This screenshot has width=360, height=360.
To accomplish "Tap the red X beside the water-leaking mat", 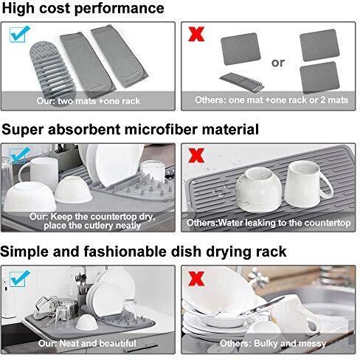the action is pos(196,156).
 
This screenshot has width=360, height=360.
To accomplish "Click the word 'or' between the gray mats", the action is pos(278,63).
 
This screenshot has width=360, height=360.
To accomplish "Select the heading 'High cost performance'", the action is pos(83,8).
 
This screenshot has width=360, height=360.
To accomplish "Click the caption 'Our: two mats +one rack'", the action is pos(88,101).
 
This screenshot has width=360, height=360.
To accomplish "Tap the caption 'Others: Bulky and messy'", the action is pos(273,343).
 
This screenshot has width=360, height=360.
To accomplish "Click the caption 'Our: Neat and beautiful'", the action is pos(87,343).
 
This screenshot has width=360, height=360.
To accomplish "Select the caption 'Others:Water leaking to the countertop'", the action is pos(269,223).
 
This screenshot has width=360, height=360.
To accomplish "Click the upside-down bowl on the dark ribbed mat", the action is pos(259,190).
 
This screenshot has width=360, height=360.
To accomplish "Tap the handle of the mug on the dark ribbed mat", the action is pos(325,185).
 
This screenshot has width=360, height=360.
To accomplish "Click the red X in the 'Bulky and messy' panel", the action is pos(196,279).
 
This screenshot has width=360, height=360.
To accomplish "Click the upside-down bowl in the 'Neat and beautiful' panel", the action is pos(86,322).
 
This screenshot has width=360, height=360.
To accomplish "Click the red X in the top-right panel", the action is pos(196,34).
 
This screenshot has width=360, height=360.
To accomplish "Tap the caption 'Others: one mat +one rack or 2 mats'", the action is pos(271,100).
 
